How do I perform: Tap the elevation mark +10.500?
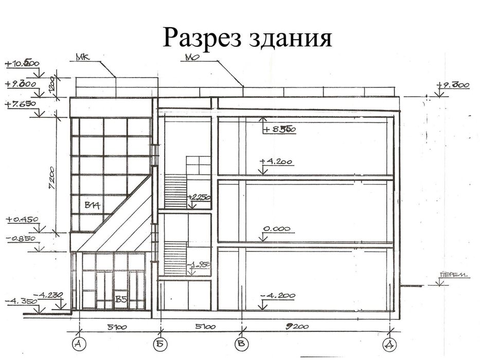click(x=22, y=64)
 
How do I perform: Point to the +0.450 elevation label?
click(x=22, y=220)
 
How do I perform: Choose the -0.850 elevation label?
click(x=22, y=239)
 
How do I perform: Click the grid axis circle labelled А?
click(x=79, y=343)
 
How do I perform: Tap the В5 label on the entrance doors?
click(x=120, y=298)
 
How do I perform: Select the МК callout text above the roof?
click(x=83, y=58)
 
